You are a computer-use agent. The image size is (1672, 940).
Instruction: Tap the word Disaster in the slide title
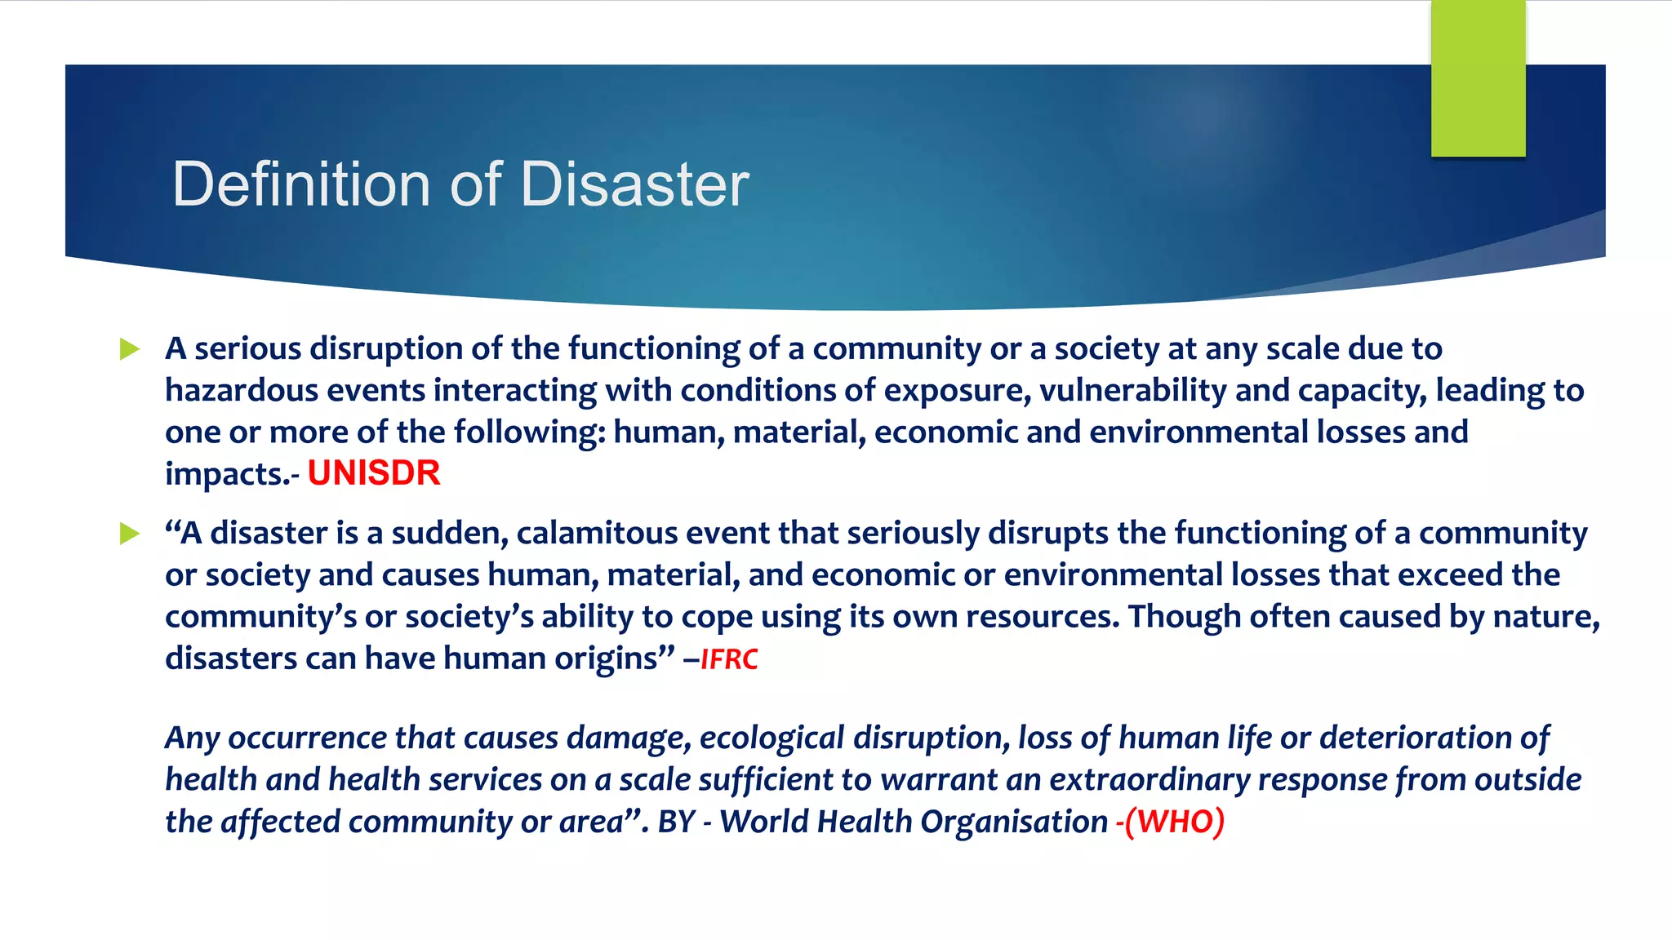[x=634, y=184]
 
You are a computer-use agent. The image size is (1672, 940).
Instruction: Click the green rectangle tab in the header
[x=1478, y=78]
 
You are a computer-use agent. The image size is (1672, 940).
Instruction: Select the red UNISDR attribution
[x=374, y=473]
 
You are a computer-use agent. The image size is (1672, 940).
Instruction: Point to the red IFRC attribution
[x=729, y=658]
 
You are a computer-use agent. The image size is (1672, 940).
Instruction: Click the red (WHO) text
[x=1174, y=822]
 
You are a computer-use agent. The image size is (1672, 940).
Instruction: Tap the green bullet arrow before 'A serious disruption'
[x=130, y=349]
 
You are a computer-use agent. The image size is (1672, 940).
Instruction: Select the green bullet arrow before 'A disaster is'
[x=130, y=534]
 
